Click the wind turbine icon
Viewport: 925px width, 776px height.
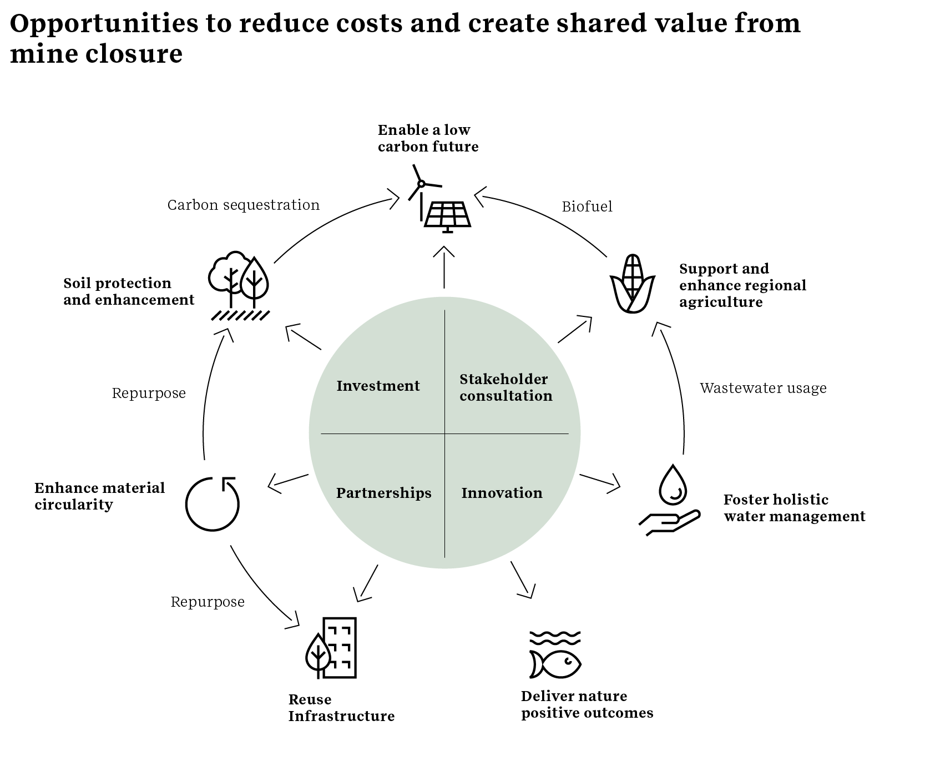tap(421, 185)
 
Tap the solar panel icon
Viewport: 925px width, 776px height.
tap(448, 215)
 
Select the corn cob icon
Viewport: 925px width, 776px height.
tap(633, 284)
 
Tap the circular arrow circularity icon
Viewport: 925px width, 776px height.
tap(213, 503)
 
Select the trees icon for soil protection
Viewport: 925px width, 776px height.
tap(239, 286)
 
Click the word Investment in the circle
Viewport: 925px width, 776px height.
tap(378, 386)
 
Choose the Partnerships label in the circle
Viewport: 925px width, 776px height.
tap(383, 493)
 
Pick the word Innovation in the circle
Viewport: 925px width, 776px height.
tap(502, 493)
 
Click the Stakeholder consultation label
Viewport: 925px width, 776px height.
tap(506, 387)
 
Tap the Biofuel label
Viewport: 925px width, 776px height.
tap(587, 206)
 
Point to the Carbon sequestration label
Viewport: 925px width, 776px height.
tap(244, 205)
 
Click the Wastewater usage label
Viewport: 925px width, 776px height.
tap(763, 388)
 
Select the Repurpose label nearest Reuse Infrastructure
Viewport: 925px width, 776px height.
tap(208, 602)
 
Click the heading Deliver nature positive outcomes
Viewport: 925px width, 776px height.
tap(587, 704)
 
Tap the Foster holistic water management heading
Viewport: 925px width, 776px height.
tap(794, 508)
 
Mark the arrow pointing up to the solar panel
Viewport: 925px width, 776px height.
tap(444, 266)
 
